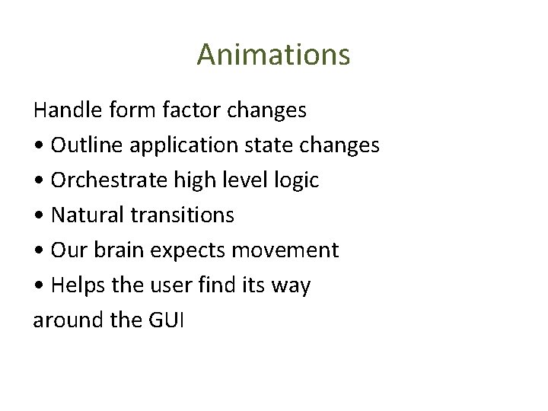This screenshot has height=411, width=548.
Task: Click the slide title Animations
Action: (x=273, y=55)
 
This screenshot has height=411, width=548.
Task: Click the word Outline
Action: (x=84, y=145)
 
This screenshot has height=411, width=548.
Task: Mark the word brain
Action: (x=119, y=250)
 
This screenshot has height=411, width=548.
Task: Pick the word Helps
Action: (x=75, y=286)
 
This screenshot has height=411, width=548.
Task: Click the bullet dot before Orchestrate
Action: (x=38, y=181)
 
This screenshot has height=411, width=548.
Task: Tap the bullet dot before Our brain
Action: (x=38, y=251)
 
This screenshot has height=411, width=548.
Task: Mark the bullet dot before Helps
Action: (x=38, y=286)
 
